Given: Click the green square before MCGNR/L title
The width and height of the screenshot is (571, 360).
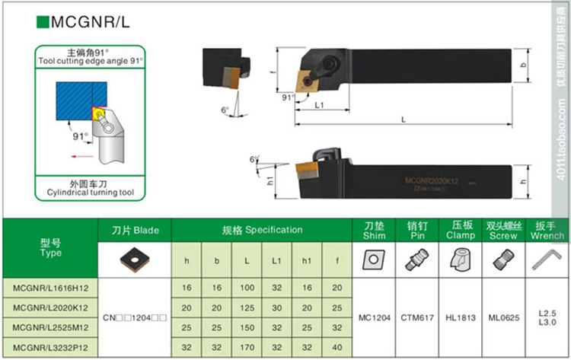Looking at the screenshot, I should click(41, 22).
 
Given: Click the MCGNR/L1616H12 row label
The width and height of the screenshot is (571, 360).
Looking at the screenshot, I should click(50, 288).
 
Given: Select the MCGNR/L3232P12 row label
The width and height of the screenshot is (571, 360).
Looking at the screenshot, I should click(50, 346).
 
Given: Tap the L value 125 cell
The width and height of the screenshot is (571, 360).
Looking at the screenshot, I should click(247, 307).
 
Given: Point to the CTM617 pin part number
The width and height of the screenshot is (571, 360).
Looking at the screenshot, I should click(418, 317).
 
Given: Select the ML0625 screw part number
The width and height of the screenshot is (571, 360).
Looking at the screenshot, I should click(505, 317).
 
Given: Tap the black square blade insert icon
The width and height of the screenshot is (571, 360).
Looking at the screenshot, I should click(135, 260).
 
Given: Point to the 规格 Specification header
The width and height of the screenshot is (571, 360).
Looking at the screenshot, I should click(262, 230).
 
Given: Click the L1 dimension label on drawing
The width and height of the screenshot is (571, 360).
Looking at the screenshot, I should click(321, 104).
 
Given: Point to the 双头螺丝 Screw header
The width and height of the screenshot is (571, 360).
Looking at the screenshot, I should click(505, 230).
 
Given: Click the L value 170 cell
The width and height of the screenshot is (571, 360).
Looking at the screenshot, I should click(247, 346).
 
